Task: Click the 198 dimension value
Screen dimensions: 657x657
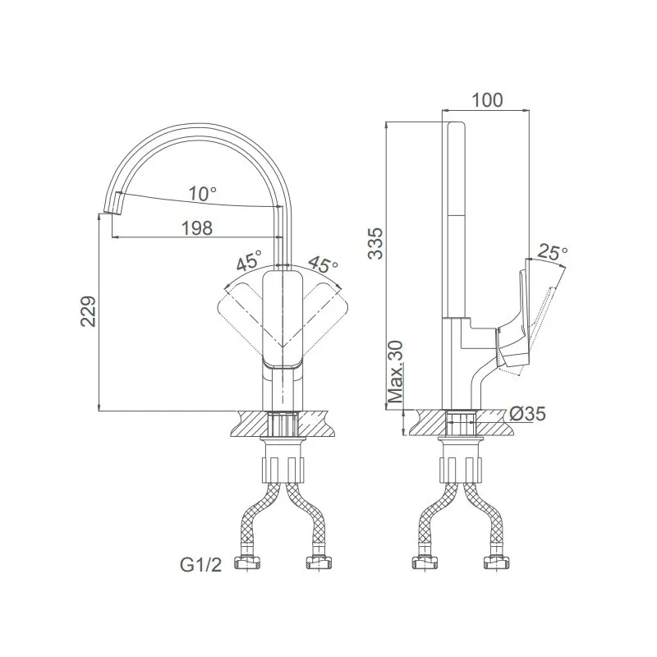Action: coord(197,228)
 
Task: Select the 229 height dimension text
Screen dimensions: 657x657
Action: coord(89,311)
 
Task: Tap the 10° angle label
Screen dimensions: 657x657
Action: coord(202,194)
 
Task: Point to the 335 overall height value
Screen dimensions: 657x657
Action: coord(375,243)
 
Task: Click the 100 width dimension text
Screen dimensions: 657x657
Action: coord(487,100)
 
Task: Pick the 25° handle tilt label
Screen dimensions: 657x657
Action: coord(552,252)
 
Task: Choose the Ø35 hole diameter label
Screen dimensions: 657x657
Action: coord(528,414)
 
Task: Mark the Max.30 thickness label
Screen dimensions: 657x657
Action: coord(396,371)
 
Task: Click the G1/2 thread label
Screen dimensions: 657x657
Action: coord(200,565)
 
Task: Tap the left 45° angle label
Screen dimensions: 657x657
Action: coord(249,260)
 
